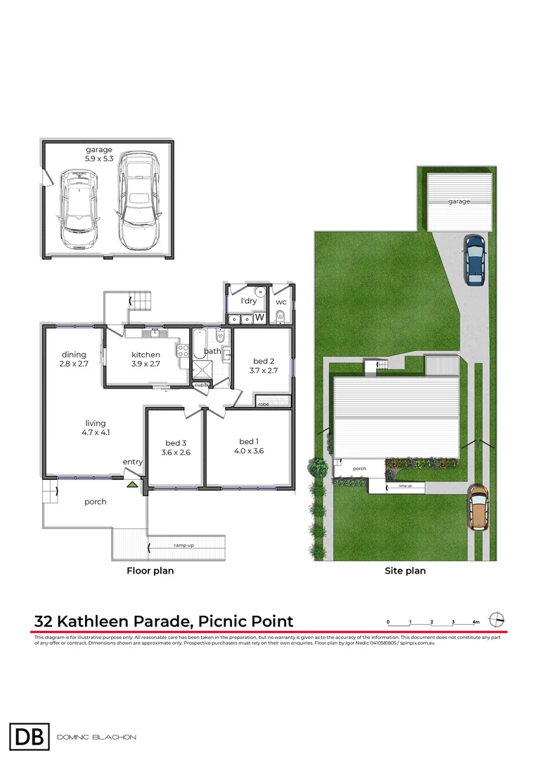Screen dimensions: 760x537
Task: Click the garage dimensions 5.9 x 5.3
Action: (x=99, y=158)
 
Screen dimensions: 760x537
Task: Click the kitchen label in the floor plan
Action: (x=145, y=354)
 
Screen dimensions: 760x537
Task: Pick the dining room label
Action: (x=74, y=354)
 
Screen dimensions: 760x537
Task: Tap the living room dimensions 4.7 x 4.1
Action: (x=96, y=433)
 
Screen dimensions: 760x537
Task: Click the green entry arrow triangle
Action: (x=131, y=483)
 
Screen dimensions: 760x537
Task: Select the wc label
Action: (x=281, y=302)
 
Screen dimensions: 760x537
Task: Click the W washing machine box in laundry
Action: (x=259, y=318)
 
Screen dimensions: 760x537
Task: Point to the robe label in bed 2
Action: (x=264, y=405)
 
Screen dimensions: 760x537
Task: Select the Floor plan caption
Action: (x=150, y=571)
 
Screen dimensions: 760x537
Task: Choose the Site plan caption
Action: (x=405, y=571)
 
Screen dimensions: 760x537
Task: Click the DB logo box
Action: (x=30, y=737)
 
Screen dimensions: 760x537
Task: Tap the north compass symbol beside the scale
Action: (x=498, y=620)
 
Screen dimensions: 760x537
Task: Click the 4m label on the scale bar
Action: (x=476, y=622)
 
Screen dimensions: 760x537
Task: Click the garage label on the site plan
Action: (x=459, y=201)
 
